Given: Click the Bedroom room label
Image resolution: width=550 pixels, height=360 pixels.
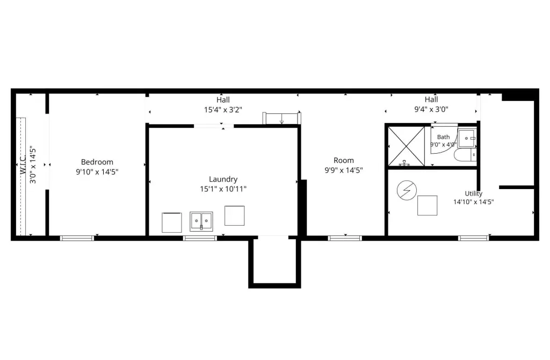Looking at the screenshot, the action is point(97,162).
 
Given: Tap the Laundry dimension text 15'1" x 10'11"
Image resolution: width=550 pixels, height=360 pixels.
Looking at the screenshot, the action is point(223,189).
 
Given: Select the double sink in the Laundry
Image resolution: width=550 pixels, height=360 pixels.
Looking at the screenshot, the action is point(201,221).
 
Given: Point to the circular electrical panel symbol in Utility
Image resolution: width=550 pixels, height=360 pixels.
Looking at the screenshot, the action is point(407,191).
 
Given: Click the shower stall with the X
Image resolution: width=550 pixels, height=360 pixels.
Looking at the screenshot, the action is point(407,146).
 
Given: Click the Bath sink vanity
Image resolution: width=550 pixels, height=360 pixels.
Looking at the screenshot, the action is point(467,138).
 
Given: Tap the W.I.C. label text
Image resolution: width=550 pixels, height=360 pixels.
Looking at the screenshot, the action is point(23,164).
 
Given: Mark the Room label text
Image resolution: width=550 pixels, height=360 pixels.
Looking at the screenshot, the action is point(344,160).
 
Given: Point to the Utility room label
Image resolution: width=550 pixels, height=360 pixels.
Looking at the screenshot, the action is point(474,193).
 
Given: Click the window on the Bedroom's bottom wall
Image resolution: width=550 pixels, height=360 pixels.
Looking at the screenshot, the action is point(77,238).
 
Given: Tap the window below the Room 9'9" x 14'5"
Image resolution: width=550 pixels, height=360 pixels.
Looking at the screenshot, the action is point(345,238).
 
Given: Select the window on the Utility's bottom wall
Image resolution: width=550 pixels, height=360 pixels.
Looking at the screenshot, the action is point(474,238).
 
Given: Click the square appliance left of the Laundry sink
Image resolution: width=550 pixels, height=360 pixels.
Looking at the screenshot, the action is point(172,222).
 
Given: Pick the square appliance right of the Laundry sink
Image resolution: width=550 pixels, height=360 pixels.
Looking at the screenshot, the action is point(235,216).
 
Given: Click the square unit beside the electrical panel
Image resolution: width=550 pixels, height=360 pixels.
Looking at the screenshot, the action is point(427,206).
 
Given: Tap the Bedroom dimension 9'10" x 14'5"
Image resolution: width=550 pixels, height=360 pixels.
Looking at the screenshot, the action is point(97,172).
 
